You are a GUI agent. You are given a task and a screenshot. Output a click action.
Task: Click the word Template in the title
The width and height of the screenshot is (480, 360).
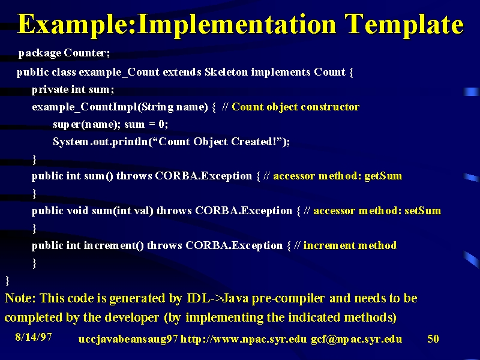coord(404,25)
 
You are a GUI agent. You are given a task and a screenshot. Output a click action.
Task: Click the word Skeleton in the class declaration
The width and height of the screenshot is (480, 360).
coord(226,72)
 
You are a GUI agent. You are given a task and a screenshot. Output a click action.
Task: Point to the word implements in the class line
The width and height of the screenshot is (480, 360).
coord(281,72)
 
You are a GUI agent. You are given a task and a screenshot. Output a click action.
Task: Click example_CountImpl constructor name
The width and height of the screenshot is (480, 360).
coord(85,107)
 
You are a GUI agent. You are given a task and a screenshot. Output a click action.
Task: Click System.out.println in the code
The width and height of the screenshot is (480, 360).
coord(100,142)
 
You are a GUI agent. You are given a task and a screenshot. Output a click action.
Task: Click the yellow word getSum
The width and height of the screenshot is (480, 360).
coord(383,176)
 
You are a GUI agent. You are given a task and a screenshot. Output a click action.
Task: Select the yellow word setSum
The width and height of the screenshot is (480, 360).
coord(423,211)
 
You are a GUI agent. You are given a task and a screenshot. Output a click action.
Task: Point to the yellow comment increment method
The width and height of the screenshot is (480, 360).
coord(350,245)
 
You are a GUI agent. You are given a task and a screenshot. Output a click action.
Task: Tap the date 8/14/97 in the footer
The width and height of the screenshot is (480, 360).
coord(34,337)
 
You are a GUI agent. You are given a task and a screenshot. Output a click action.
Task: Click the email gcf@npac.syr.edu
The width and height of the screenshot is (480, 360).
coord(356,339)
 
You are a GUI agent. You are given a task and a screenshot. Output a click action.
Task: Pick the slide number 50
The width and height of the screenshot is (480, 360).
coord(433,338)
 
